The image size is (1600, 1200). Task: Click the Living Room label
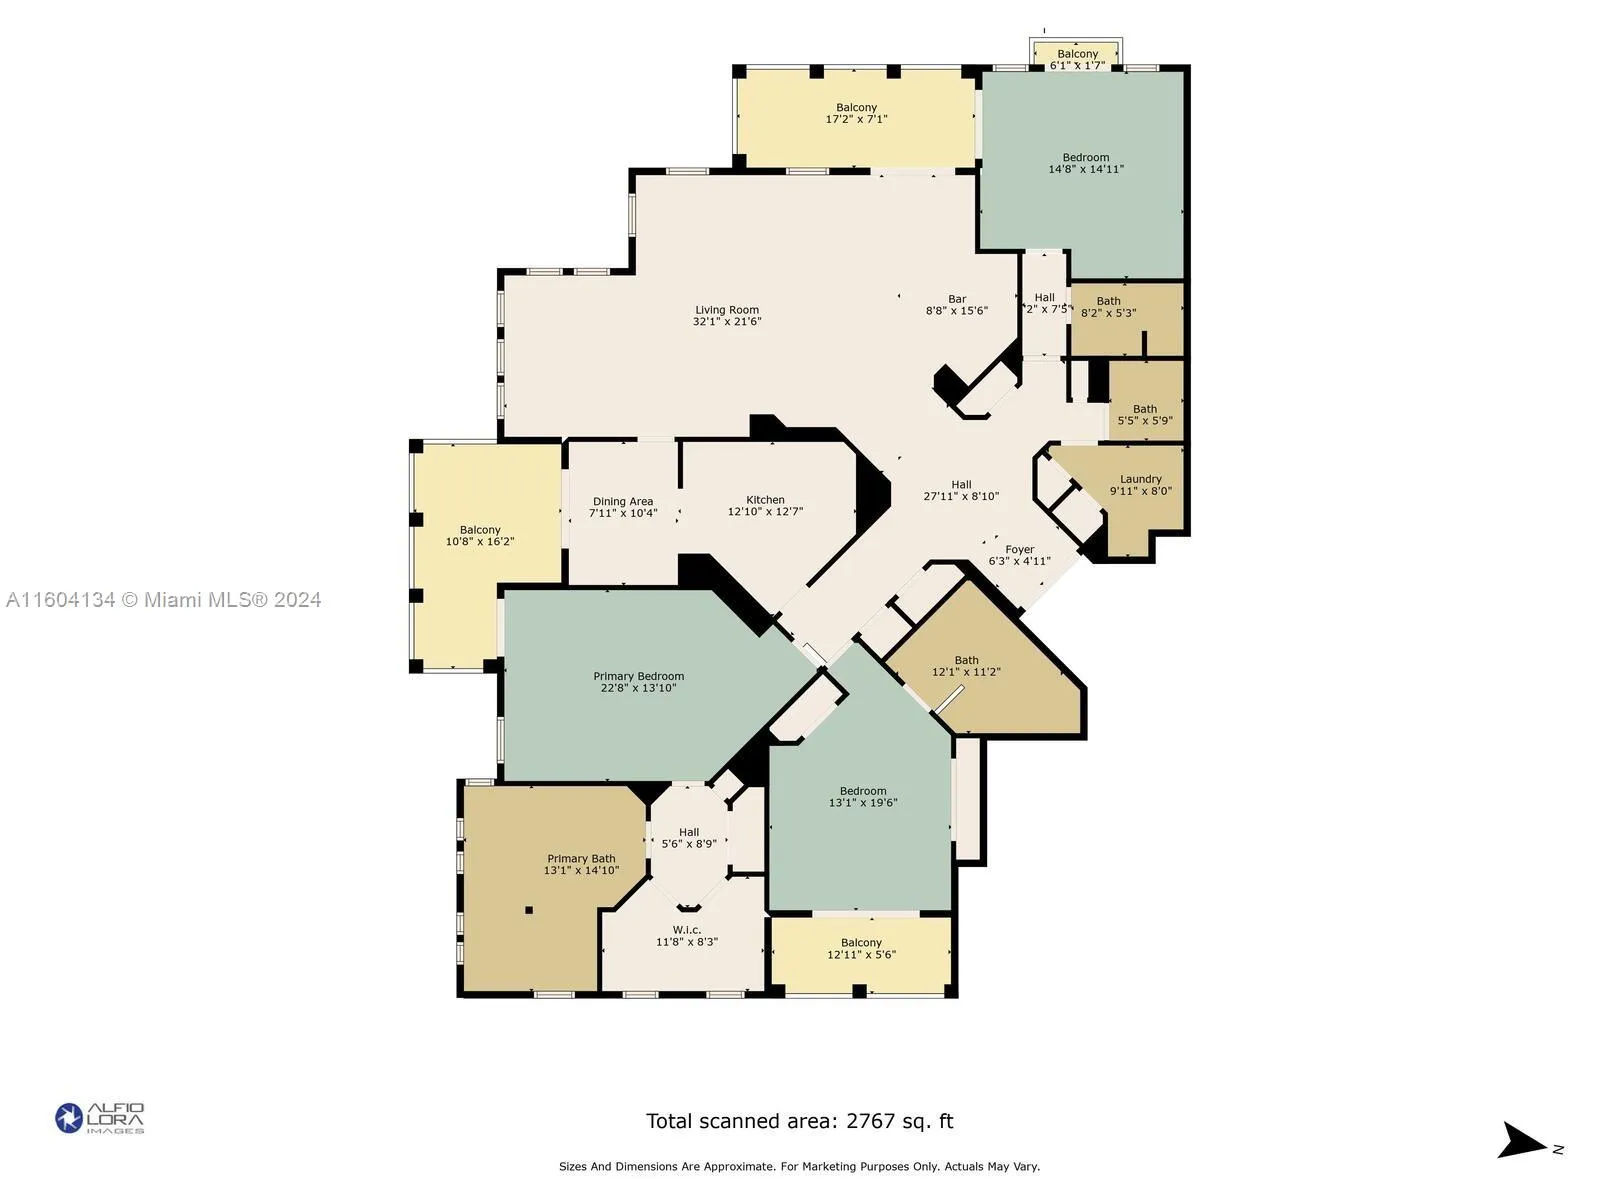(x=727, y=310)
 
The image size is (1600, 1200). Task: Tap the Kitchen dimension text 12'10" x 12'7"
(x=765, y=512)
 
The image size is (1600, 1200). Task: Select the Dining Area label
(x=623, y=502)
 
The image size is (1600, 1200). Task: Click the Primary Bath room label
(x=581, y=859)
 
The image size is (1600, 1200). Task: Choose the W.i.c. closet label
(x=687, y=930)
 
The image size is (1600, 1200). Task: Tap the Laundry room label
(x=1140, y=479)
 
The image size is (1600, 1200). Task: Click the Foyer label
(x=1019, y=549)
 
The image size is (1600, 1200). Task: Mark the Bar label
(x=957, y=299)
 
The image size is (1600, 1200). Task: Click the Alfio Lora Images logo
(x=100, y=1118)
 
